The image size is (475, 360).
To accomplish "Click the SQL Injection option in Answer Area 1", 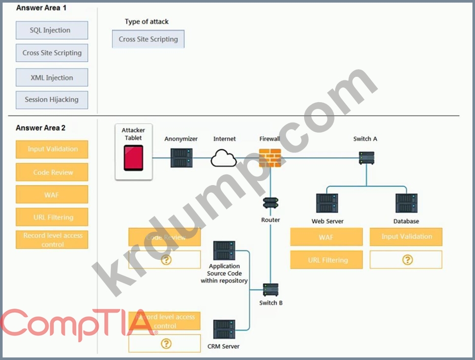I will [52, 31].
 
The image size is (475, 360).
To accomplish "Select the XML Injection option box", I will [52, 78].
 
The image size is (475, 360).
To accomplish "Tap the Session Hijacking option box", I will [52, 100].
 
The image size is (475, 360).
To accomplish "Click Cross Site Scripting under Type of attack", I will [149, 39].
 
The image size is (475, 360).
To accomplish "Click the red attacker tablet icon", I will [133, 158].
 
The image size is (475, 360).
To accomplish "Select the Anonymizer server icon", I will [181, 158].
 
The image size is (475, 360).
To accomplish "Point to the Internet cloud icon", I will [224, 158].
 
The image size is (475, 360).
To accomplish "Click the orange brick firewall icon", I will [270, 158].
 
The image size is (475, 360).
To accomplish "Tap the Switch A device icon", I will [366, 158].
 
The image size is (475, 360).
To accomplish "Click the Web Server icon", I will [327, 203].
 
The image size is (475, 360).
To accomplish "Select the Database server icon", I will [406, 203].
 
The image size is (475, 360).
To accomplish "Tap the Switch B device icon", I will [271, 290].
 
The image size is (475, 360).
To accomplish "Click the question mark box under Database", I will [406, 260].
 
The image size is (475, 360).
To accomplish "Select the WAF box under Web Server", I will [326, 237].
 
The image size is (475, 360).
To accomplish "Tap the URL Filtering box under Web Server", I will [326, 260].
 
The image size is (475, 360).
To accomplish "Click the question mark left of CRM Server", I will [165, 344].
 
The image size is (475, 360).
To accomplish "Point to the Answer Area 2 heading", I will [41, 128].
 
